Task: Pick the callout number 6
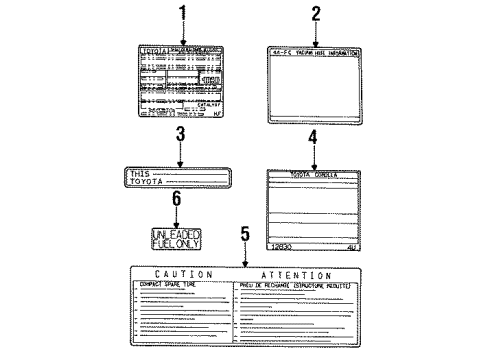pyautogui.click(x=176, y=200)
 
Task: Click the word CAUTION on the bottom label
pyautogui.click(x=184, y=274)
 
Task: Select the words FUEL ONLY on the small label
pyautogui.click(x=177, y=243)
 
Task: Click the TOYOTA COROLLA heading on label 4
pyautogui.click(x=312, y=174)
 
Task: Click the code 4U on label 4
pyautogui.click(x=351, y=247)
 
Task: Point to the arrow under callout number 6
pyautogui.click(x=176, y=214)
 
